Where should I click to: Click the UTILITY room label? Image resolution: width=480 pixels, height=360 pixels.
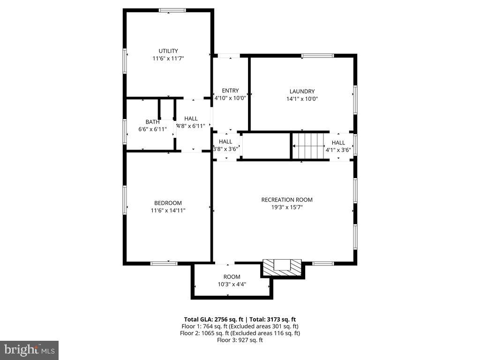click(x=168, y=51)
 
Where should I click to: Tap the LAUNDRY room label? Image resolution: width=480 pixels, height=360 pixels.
click(x=302, y=91)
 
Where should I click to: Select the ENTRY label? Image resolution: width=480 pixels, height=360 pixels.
click(x=230, y=90)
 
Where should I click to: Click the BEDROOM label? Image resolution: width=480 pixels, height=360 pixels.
click(x=168, y=203)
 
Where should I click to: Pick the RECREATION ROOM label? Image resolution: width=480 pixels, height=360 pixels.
click(x=286, y=200)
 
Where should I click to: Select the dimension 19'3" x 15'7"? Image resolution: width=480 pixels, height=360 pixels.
click(x=286, y=207)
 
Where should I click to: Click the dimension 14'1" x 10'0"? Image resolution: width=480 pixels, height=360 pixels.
click(x=302, y=99)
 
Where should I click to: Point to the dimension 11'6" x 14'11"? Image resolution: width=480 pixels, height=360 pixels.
click(x=168, y=210)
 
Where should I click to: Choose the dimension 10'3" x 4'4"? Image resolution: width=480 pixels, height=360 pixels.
click(x=232, y=284)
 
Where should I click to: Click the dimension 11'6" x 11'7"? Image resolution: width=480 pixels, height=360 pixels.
click(x=168, y=58)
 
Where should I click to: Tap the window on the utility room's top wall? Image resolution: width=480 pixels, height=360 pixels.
click(x=172, y=10)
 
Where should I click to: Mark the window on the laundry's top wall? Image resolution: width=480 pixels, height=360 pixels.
click(x=317, y=56)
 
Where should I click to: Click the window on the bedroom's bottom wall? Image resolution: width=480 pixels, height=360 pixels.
click(x=164, y=263)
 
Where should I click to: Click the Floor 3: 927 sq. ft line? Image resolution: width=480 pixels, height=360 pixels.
click(x=240, y=340)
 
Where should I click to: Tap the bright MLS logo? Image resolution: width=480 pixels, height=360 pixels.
click(x=29, y=350)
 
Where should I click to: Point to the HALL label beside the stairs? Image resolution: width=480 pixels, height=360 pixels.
click(x=338, y=142)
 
